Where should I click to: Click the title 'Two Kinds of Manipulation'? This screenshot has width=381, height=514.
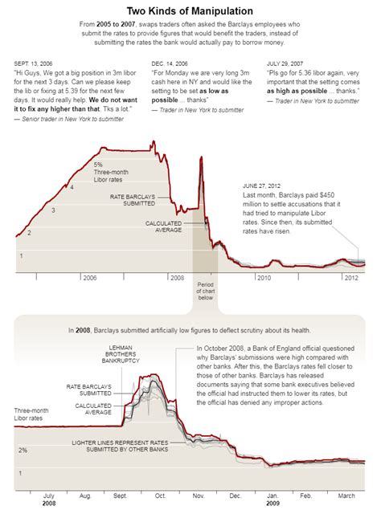tap(190, 11)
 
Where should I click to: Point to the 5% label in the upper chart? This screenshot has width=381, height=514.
tap(98, 164)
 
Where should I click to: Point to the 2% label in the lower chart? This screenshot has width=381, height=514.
tap(23, 450)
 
